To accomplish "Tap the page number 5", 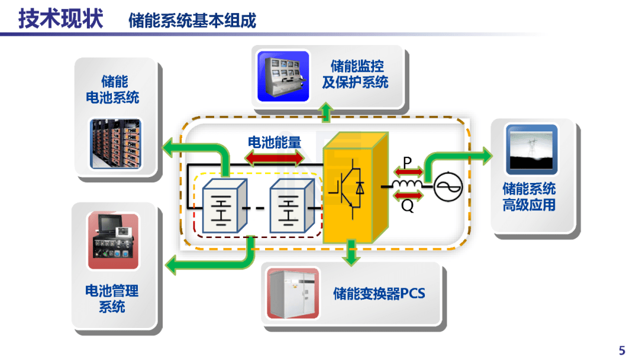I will tap(621, 350).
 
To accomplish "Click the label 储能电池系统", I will tap(112, 89).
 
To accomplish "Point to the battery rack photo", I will tap(115, 142).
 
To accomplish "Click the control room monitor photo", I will tap(283, 76).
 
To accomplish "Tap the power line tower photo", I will tap(531, 149).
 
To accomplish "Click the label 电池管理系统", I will tap(112, 298).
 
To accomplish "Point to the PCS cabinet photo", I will tap(293, 293).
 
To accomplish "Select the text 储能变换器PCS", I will tap(379, 294).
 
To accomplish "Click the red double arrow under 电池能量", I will tap(275, 158).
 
